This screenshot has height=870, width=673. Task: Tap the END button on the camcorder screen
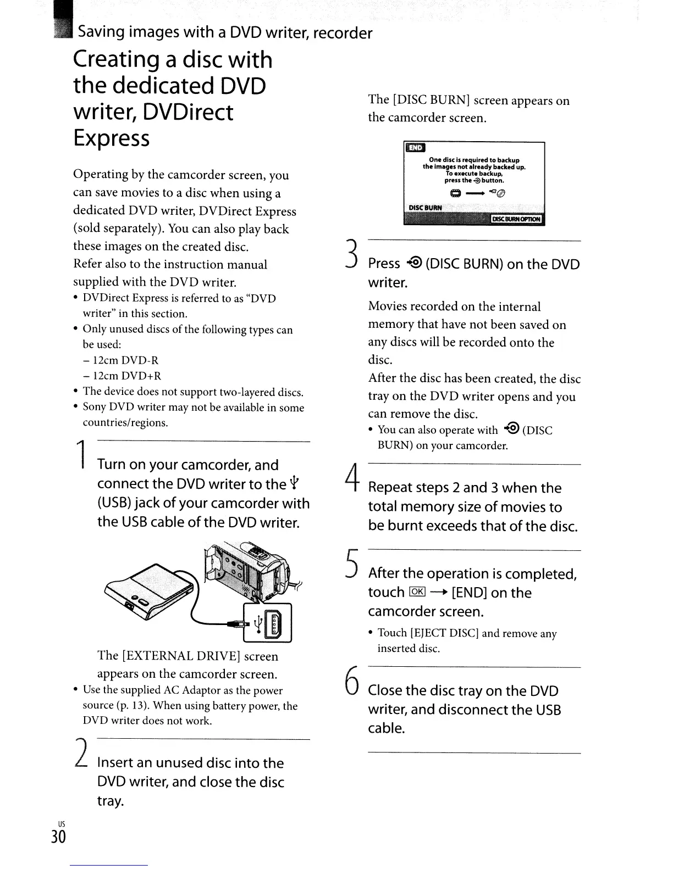[416, 148]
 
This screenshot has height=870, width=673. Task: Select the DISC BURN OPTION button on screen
[516, 219]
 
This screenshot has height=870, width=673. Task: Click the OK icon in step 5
[417, 592]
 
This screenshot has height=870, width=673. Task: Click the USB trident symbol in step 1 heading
[296, 483]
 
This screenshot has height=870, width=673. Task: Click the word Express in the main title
[111, 138]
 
